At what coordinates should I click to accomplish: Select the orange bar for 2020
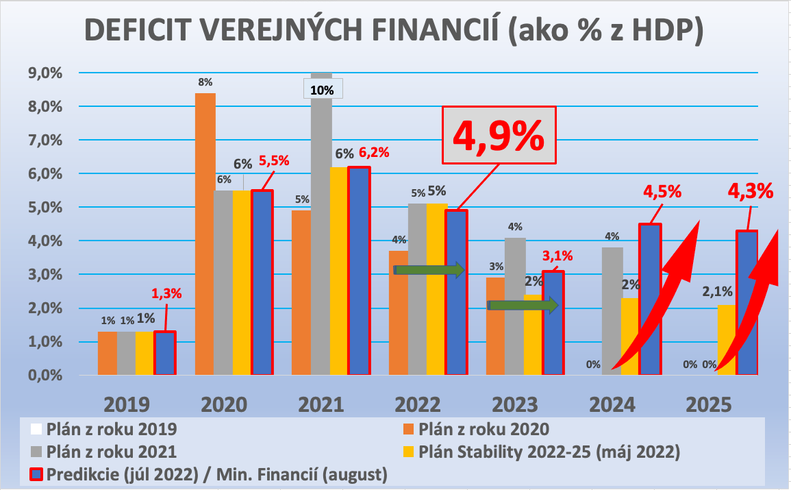click(205, 233)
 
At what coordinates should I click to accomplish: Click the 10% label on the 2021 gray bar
click(323, 90)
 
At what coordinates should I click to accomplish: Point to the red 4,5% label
click(662, 191)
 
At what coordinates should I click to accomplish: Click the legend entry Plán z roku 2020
click(484, 430)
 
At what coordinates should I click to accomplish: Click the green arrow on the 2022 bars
click(429, 270)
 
